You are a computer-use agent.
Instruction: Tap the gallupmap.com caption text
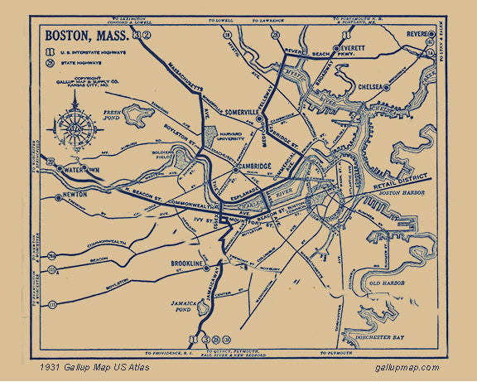[406, 367]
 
